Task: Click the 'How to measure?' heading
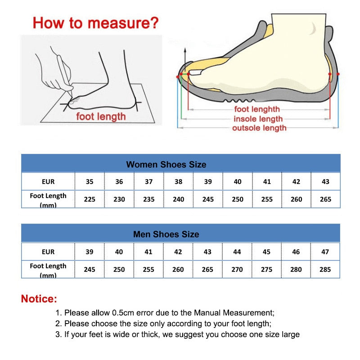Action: [x=95, y=22]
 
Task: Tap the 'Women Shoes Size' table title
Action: [x=166, y=164]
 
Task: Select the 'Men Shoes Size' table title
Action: [x=166, y=234]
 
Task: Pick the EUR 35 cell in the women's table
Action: [x=90, y=181]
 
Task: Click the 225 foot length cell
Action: [x=90, y=199]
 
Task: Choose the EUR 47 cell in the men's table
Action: [x=325, y=252]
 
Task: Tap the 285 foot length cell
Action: [x=325, y=269]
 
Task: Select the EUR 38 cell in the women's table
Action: [x=178, y=181]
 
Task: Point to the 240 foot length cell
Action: [x=178, y=199]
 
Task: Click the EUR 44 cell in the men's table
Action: [x=237, y=252]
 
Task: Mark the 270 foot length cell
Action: [x=237, y=269]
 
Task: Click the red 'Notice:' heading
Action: [x=39, y=298]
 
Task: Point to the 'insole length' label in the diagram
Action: [x=258, y=119]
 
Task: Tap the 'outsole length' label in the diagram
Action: [x=259, y=128]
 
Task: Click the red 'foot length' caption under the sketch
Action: [x=101, y=117]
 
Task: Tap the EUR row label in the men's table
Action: [x=48, y=252]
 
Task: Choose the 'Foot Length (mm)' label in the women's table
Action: [x=48, y=199]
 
